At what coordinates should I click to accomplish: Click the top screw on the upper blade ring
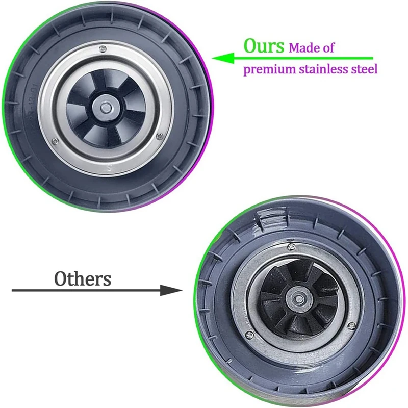pos(104,49)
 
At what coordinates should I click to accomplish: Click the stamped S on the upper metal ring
pos(108,167)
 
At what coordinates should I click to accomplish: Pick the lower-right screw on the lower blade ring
pos(351,325)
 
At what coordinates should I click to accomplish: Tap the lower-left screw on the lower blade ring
pos(248,335)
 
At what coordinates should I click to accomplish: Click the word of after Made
pos(329,48)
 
